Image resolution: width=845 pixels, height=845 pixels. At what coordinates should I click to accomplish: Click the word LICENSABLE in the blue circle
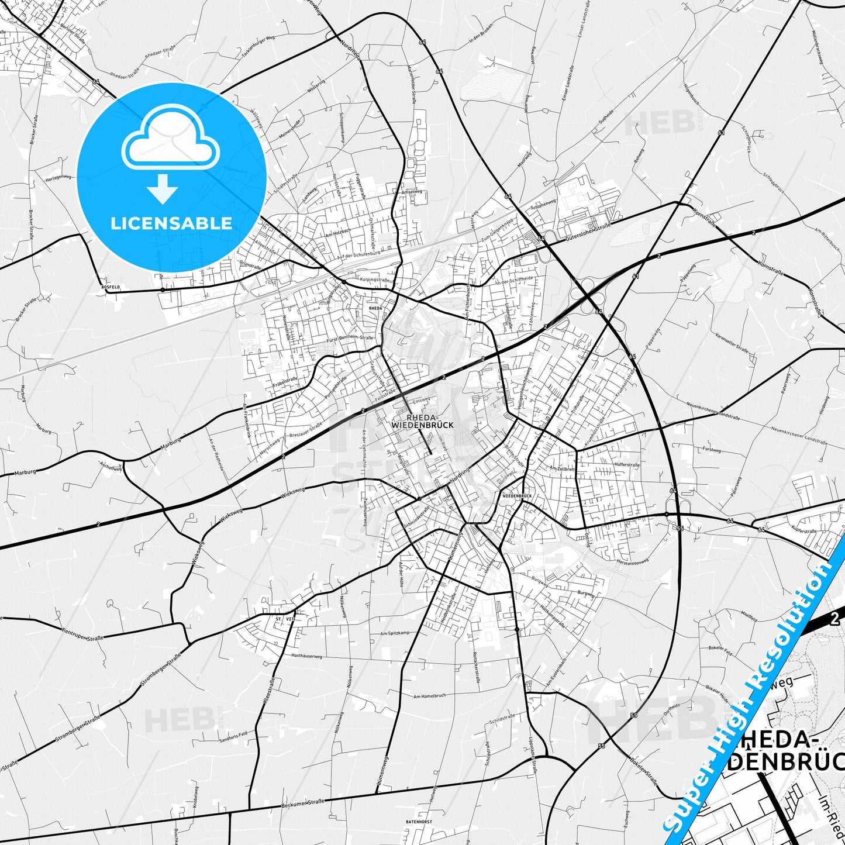(x=171, y=223)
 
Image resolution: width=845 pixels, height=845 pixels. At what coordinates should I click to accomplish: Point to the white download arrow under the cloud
(x=163, y=189)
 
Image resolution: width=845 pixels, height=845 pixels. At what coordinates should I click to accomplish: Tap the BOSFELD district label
(x=110, y=287)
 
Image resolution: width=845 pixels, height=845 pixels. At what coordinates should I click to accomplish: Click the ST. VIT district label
(x=285, y=618)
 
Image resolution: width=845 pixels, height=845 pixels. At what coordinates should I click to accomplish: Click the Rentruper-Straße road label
(x=82, y=634)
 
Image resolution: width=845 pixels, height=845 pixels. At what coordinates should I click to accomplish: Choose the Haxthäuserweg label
(x=306, y=656)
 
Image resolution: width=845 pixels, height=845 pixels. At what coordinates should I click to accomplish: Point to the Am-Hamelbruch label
(x=429, y=696)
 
